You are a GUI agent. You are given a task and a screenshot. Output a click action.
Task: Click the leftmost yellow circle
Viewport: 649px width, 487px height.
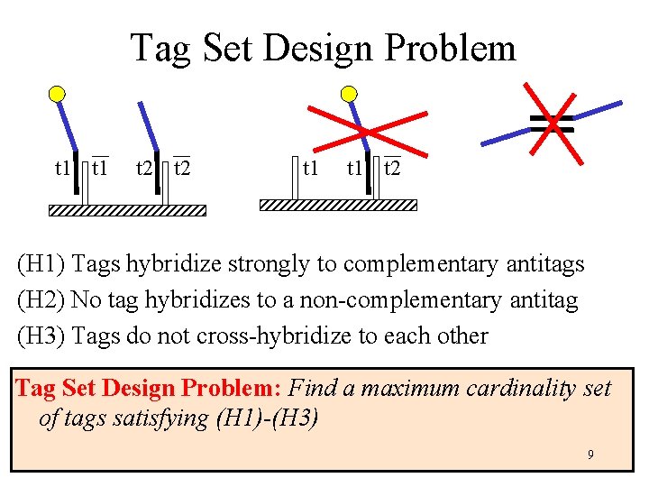pyautogui.click(x=57, y=93)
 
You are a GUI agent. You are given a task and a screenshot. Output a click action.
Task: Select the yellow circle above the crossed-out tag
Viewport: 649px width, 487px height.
pyautogui.click(x=349, y=93)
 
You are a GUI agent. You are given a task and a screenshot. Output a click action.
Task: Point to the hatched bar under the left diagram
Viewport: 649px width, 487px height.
pyautogui.click(x=127, y=210)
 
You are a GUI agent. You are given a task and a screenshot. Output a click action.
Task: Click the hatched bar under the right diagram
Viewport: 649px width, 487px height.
pyautogui.click(x=338, y=205)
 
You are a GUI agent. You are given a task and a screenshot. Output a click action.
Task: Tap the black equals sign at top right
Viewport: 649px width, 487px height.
pyautogui.click(x=552, y=124)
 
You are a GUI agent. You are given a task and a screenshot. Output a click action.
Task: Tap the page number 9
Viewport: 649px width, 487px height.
pyautogui.click(x=590, y=455)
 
